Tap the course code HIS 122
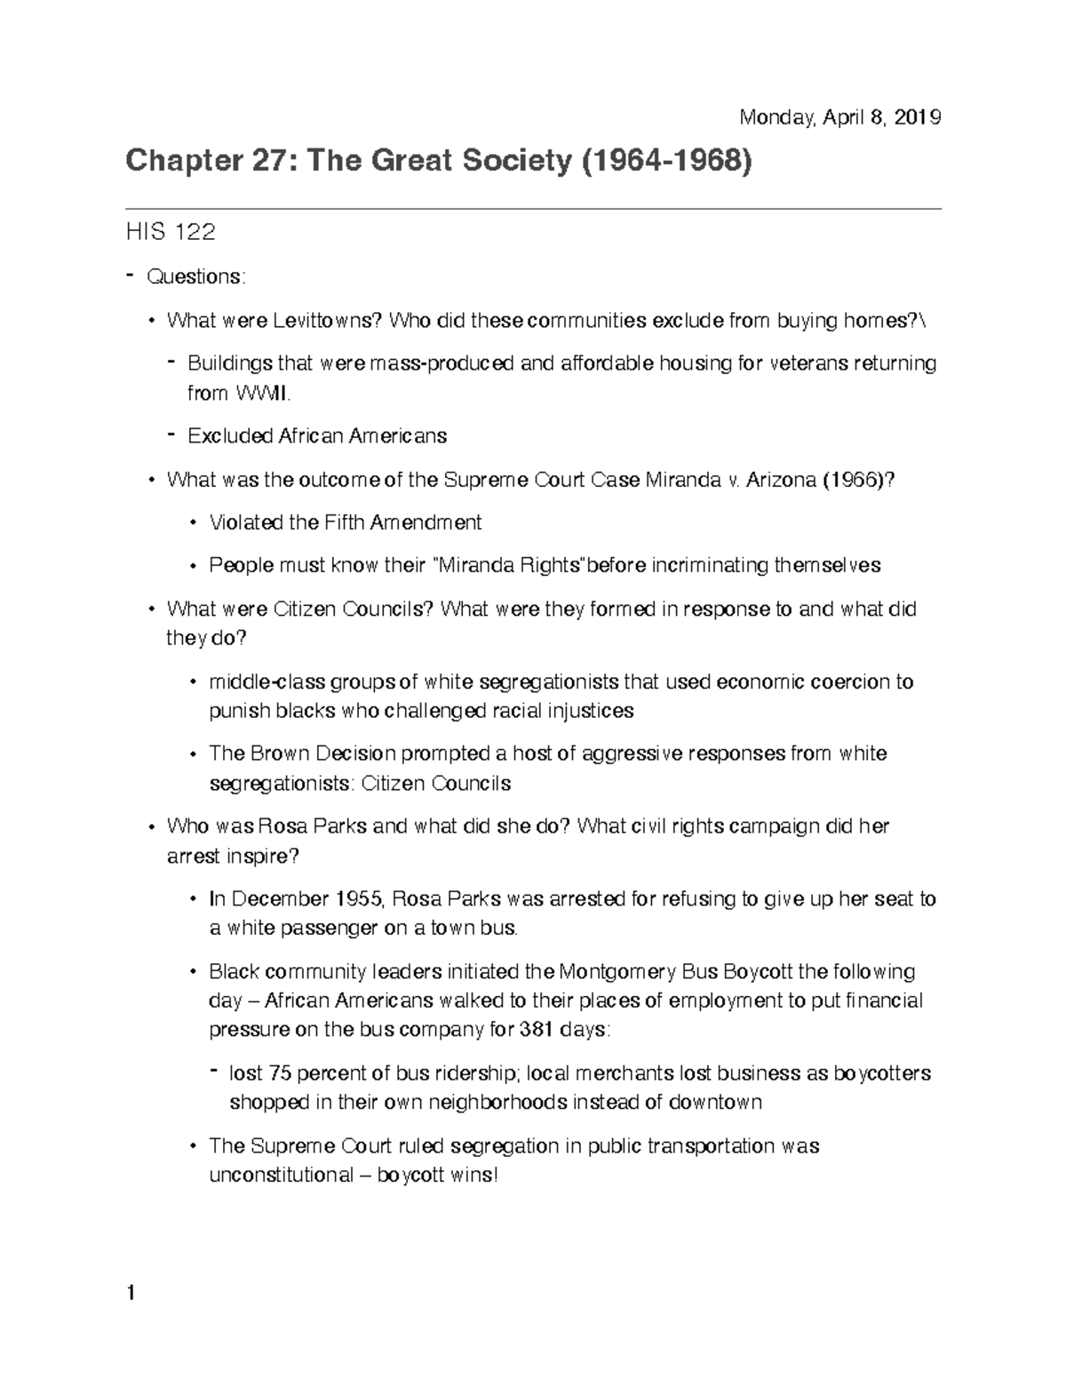click(x=171, y=233)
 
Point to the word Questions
click(x=195, y=276)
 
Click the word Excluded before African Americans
click(x=230, y=436)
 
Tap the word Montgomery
click(x=617, y=971)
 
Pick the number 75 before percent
click(x=279, y=1073)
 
